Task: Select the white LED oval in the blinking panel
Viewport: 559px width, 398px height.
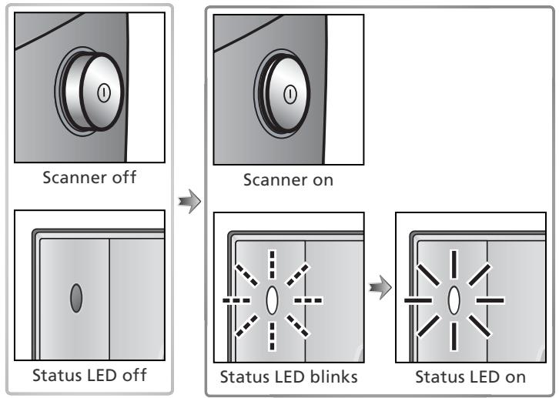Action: coord(271,299)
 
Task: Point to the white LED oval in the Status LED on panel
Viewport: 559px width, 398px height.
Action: coord(454,299)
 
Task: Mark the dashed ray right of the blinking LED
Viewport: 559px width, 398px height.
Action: coord(308,299)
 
